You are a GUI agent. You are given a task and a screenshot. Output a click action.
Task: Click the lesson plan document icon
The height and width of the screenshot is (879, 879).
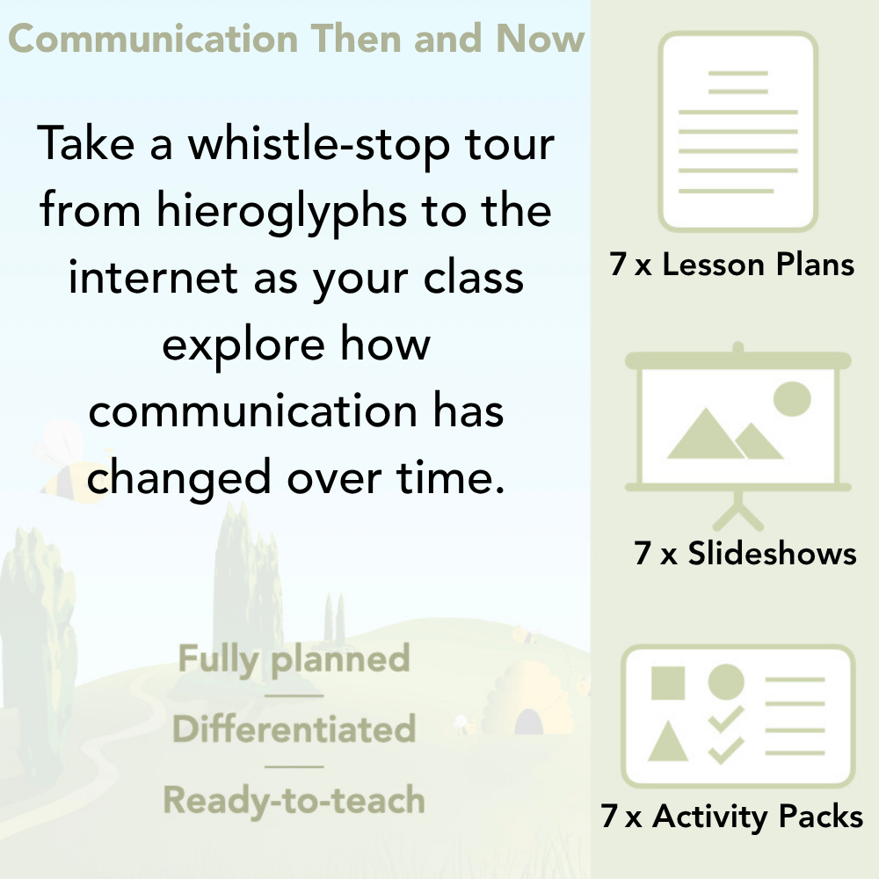[x=738, y=132]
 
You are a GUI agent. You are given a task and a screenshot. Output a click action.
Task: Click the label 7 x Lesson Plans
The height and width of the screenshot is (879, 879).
[x=732, y=265]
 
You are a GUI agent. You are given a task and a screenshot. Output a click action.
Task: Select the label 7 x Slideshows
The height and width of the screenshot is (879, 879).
[x=745, y=554]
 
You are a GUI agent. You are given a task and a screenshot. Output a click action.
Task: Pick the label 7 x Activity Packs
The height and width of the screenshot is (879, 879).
[x=732, y=817]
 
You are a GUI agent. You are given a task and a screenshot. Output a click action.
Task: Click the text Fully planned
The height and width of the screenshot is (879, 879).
[x=294, y=659]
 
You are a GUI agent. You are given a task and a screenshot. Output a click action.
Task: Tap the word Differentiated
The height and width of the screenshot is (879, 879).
[x=294, y=730]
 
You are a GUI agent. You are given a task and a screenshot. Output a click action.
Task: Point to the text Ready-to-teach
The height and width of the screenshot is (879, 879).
[x=294, y=800]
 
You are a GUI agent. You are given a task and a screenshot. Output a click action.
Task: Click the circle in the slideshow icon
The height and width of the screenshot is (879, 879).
[x=791, y=398]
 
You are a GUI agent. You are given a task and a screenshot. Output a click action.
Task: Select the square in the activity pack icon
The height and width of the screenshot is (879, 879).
[x=668, y=682]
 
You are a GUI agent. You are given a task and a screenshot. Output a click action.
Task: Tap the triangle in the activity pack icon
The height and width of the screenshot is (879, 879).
[x=668, y=743]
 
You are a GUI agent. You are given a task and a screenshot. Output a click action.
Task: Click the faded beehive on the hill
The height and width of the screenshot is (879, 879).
[x=525, y=694]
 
